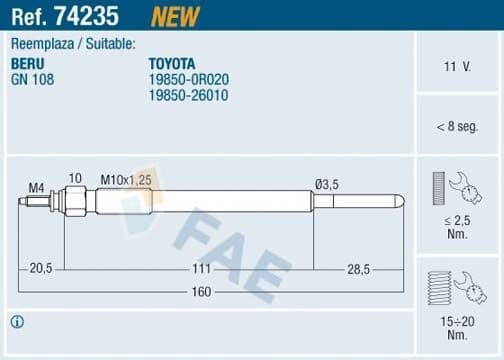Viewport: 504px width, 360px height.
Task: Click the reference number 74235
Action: [x=102, y=15]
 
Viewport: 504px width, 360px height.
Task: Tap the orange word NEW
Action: [x=174, y=15]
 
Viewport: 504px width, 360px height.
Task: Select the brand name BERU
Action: [x=28, y=62]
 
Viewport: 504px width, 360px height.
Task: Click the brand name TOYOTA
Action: [x=172, y=62]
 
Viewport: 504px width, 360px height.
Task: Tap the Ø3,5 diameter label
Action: [x=327, y=182]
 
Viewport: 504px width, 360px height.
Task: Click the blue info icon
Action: [x=17, y=322]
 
